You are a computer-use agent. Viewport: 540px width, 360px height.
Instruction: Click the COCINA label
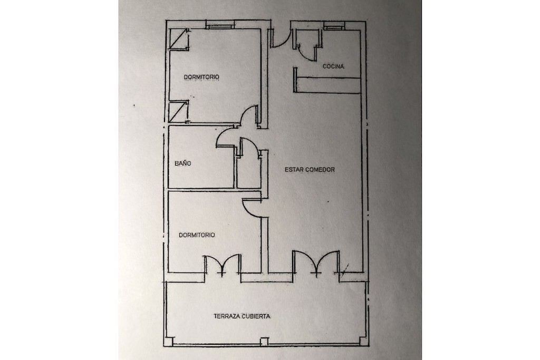333,66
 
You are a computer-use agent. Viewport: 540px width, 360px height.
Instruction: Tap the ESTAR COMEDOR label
310,169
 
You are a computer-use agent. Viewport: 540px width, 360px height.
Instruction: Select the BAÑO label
183,163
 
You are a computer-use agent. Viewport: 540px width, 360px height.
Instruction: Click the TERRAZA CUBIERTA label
242,316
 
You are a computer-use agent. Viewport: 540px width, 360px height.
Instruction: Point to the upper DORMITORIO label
201,77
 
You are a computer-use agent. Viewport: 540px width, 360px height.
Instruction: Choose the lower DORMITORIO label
197,235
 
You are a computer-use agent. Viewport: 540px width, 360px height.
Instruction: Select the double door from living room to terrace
316,264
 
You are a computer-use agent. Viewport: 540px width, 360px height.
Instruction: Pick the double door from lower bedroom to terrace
223,264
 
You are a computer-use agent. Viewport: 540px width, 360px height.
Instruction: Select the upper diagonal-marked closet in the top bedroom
178,39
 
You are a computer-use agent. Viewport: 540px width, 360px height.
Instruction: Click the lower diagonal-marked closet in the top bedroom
178,112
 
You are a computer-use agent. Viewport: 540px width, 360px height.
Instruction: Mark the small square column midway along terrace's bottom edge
264,341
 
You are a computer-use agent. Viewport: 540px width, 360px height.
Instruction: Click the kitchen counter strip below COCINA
329,85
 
